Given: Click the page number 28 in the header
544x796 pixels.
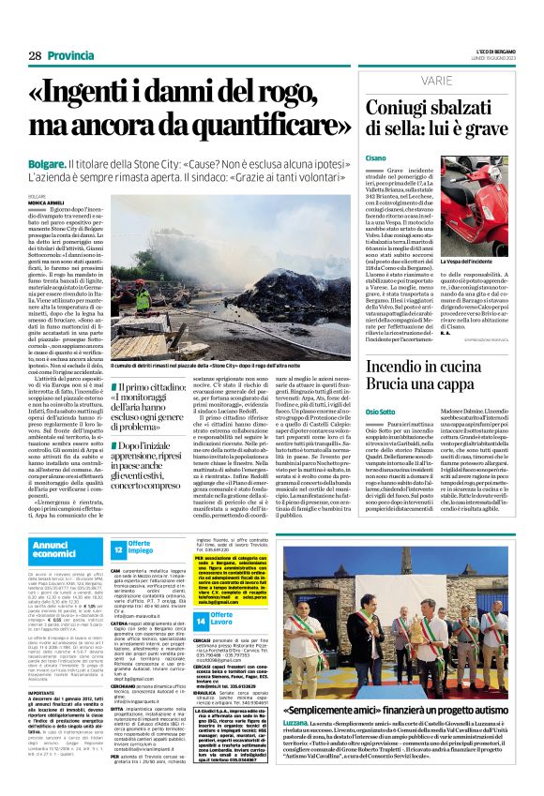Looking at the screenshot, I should [34, 55].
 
